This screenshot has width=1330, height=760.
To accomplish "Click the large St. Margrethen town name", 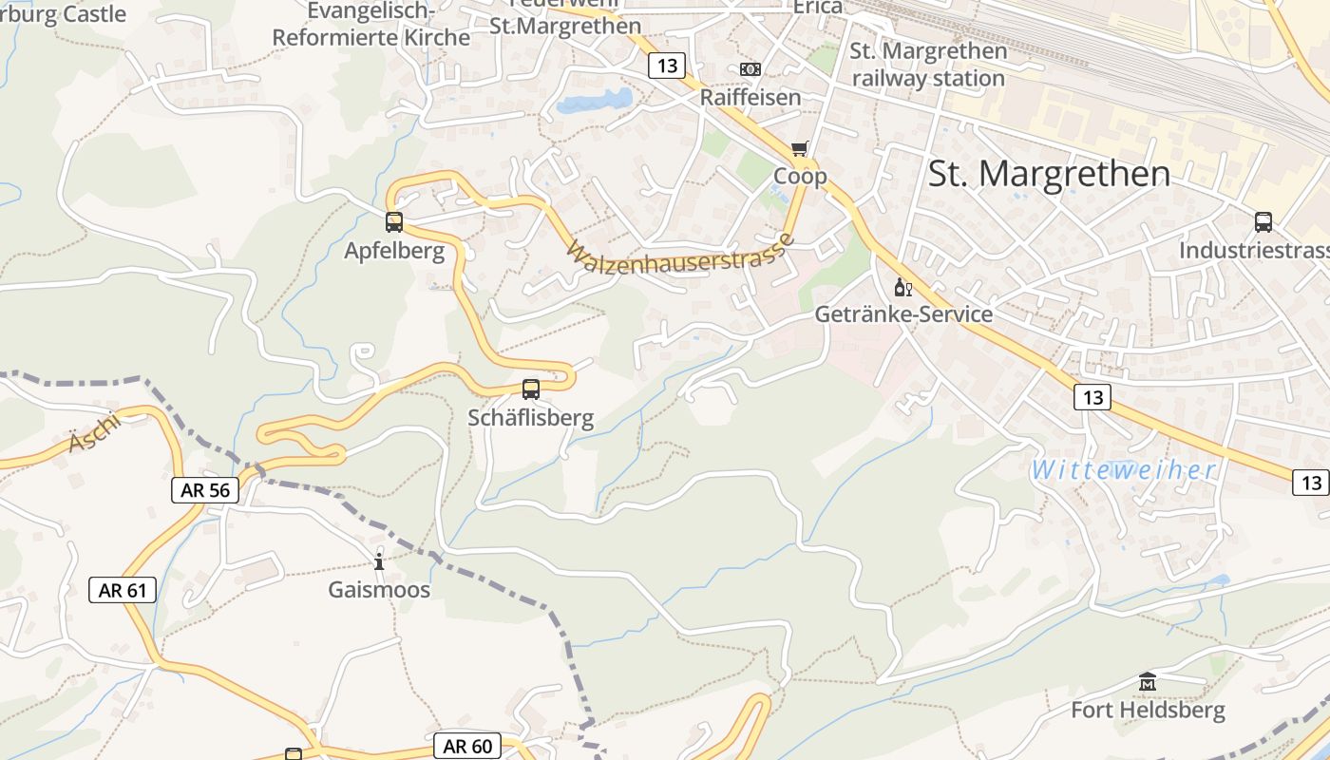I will pyautogui.click(x=1049, y=174).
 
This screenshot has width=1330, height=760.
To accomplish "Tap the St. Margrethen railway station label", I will pyautogui.click(x=928, y=65).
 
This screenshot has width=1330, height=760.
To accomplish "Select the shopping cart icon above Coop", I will pyautogui.click(x=799, y=148).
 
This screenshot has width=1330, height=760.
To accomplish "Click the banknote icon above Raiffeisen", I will pyautogui.click(x=750, y=69).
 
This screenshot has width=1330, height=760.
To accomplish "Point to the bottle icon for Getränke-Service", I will pyautogui.click(x=902, y=287).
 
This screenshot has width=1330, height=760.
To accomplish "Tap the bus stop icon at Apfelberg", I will pyautogui.click(x=394, y=222).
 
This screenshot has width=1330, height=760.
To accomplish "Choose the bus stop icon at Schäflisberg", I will pyautogui.click(x=531, y=389).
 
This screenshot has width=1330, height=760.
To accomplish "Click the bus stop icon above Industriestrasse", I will pyautogui.click(x=1263, y=222).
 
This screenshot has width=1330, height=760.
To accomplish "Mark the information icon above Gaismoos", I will pyautogui.click(x=379, y=561).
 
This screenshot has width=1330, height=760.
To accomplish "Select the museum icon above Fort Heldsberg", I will pyautogui.click(x=1148, y=681).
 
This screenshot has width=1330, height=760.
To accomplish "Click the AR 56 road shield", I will pyautogui.click(x=204, y=490).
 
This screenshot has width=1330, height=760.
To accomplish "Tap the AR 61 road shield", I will pyautogui.click(x=123, y=590).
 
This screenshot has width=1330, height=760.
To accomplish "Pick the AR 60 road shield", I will pyautogui.click(x=467, y=746).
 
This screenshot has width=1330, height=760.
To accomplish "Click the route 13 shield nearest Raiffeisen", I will pyautogui.click(x=668, y=66).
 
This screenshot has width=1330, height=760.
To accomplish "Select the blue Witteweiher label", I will pyautogui.click(x=1124, y=469).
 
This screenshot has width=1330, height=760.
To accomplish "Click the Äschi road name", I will pyautogui.click(x=94, y=433).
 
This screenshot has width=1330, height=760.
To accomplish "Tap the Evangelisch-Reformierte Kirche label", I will pyautogui.click(x=371, y=25).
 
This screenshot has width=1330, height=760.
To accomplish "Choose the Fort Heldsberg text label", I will pyautogui.click(x=1148, y=710).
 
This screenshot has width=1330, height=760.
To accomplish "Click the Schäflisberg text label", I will pyautogui.click(x=531, y=418).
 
